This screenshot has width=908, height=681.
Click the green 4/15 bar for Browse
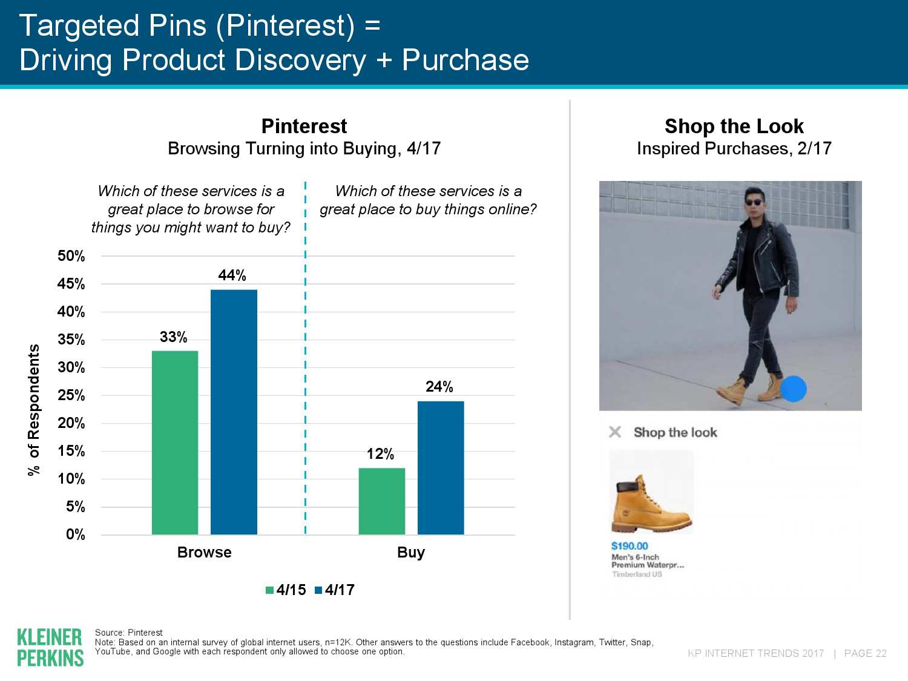tap(175, 442)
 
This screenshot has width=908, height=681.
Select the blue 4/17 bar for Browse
tap(234, 412)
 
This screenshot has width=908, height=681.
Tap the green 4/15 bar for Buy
tap(382, 501)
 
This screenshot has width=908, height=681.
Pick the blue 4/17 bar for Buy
tap(441, 468)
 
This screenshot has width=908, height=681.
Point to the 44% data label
tap(232, 275)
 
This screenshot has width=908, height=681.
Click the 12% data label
tap(380, 454)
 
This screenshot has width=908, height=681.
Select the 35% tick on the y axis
tap(71, 340)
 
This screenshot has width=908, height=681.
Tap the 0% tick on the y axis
tap(75, 535)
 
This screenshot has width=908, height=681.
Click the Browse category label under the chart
tap(205, 553)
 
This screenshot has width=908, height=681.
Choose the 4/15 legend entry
tap(286, 590)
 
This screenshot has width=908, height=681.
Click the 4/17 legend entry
tap(335, 590)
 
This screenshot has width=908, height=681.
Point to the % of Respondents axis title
tap(34, 410)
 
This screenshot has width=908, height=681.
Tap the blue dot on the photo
tap(793, 389)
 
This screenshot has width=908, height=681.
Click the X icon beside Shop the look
tap(615, 432)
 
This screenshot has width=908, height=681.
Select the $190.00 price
tap(630, 546)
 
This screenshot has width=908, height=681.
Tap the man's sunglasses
tap(754, 202)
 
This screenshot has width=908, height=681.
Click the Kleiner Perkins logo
tap(50, 647)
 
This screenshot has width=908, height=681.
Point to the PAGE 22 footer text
tap(866, 653)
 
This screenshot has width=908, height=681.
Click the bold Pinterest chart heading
tap(304, 126)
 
